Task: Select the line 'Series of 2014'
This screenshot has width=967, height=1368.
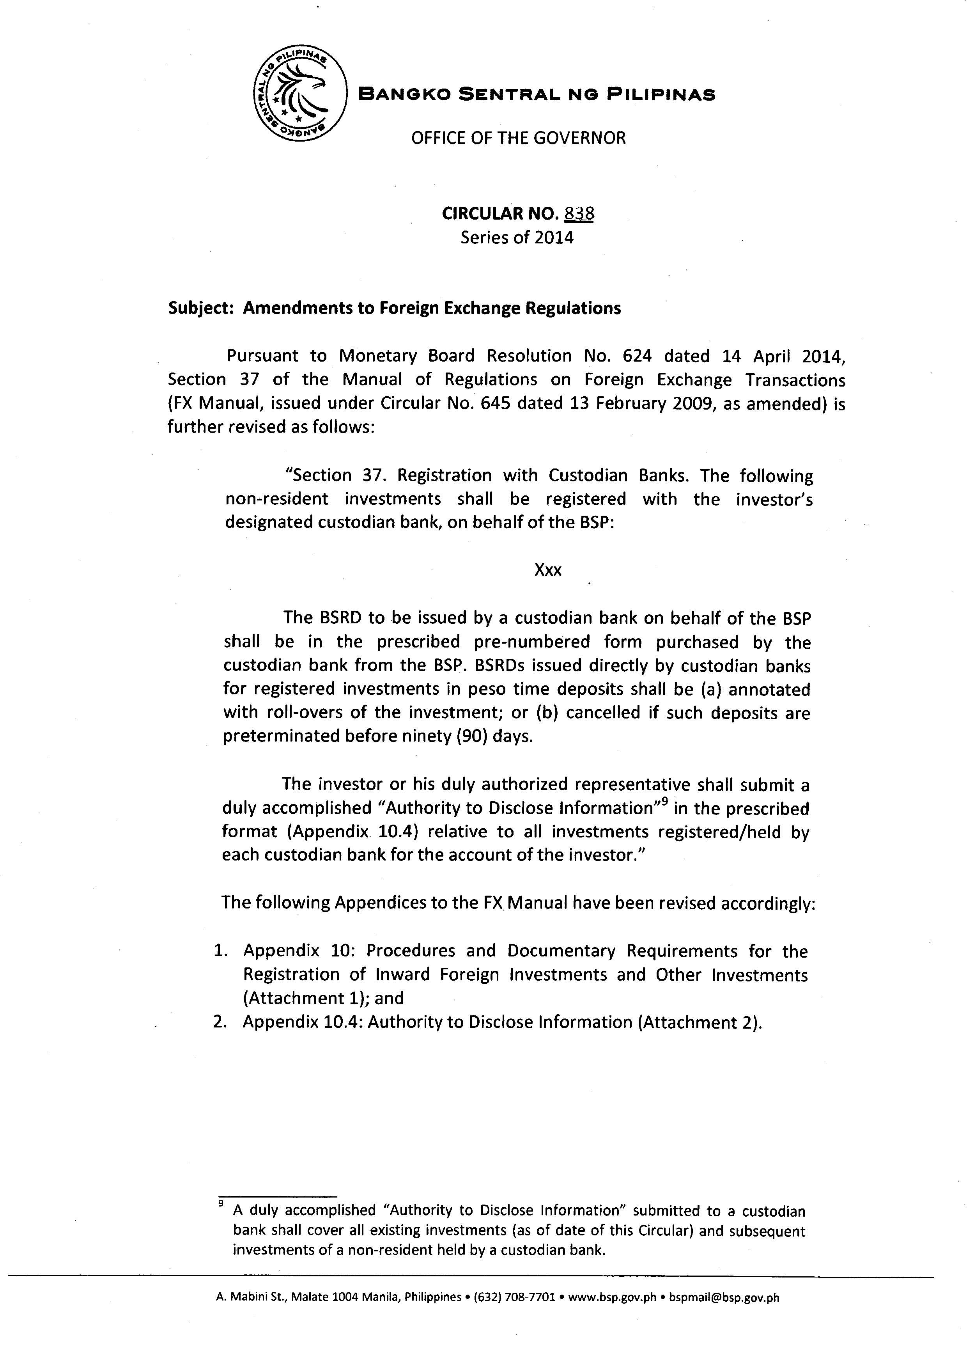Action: (x=517, y=238)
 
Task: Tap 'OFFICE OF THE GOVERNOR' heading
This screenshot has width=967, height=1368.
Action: (x=519, y=138)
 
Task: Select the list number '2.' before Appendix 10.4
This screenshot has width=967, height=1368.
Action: (x=220, y=1022)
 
